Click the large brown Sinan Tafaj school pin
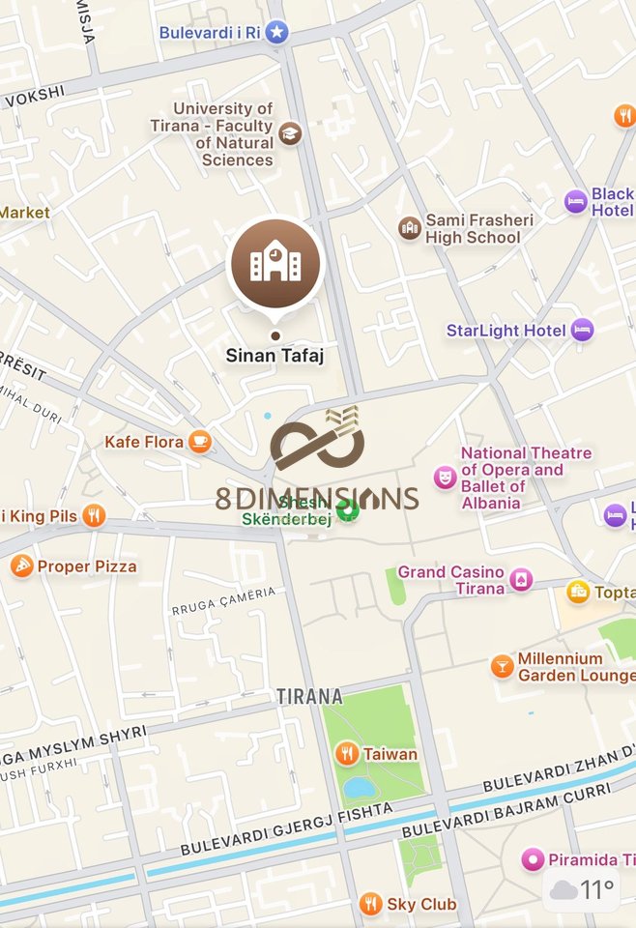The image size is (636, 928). (x=275, y=262)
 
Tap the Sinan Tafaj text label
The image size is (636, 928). (x=275, y=356)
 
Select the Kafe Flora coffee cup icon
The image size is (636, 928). (x=200, y=442)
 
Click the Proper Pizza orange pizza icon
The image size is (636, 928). (x=22, y=566)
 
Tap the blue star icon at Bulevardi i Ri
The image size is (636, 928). (x=277, y=32)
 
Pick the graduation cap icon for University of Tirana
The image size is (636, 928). (x=289, y=133)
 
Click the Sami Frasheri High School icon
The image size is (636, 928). (x=410, y=228)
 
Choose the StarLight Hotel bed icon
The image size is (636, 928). (x=582, y=331)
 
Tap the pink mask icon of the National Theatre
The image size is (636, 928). (x=445, y=477)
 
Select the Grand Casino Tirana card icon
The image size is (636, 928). (x=521, y=580)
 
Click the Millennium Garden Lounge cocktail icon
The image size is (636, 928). (x=502, y=666)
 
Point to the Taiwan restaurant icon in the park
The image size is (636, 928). (x=347, y=754)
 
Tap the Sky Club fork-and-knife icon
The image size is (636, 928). (x=370, y=905)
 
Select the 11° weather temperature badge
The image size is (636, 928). (x=584, y=889)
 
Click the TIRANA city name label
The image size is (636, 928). (x=309, y=696)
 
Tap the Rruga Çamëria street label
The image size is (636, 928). (x=223, y=601)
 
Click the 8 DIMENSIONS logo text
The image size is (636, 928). (x=317, y=499)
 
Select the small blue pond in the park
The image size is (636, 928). (x=360, y=788)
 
